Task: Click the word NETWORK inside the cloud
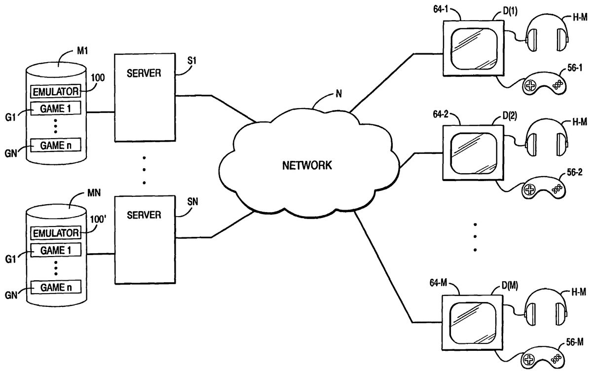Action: click(x=307, y=165)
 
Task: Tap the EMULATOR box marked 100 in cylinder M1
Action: click(x=55, y=91)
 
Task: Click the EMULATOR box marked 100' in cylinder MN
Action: click(x=55, y=232)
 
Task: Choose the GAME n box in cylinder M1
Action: click(x=55, y=145)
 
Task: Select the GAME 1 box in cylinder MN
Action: click(x=55, y=251)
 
